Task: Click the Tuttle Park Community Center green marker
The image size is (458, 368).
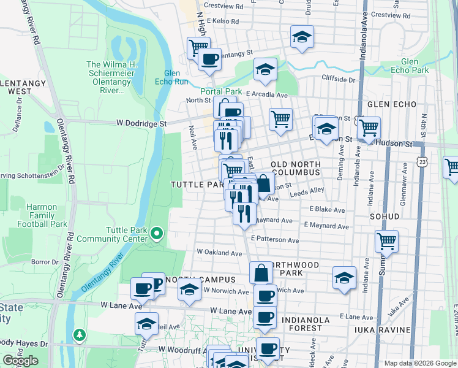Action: pyautogui.click(x=157, y=233)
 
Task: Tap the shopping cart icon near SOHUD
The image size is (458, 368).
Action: pyautogui.click(x=386, y=240)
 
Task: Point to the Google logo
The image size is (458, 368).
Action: pyautogui.click(x=20, y=361)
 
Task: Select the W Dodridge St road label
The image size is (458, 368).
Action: pyautogui.click(x=141, y=123)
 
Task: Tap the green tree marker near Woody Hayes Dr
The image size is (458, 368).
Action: pyautogui.click(x=79, y=335)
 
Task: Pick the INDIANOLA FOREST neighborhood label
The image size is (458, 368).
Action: pyautogui.click(x=306, y=324)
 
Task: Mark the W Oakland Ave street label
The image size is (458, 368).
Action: pyautogui.click(x=219, y=253)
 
